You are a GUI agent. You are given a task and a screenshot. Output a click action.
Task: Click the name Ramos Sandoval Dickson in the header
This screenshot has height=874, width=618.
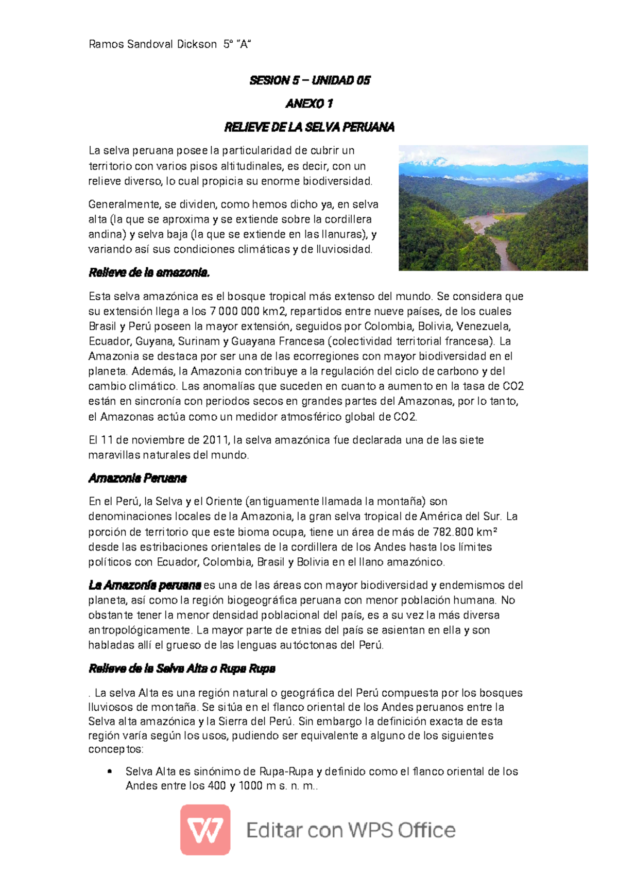152,44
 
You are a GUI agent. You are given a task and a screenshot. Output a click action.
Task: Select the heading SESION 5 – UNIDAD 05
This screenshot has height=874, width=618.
310,80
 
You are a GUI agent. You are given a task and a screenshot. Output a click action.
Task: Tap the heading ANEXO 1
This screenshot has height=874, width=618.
310,104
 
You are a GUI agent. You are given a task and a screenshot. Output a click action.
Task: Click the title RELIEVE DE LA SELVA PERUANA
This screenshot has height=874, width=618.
310,127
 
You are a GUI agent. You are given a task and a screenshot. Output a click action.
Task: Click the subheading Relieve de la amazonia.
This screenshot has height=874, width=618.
149,273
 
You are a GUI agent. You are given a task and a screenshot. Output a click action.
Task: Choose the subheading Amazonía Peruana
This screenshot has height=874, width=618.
138,478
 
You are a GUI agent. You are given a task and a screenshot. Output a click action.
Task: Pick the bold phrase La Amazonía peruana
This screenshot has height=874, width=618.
145,586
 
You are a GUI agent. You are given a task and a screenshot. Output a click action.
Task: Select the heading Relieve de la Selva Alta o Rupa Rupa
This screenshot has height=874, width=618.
182,669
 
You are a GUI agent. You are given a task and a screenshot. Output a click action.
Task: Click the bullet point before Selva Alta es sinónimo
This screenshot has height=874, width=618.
109,772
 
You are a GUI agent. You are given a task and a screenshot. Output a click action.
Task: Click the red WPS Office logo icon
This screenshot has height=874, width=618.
205,830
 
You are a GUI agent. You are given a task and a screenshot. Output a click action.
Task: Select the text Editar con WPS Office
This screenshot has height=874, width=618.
351,830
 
